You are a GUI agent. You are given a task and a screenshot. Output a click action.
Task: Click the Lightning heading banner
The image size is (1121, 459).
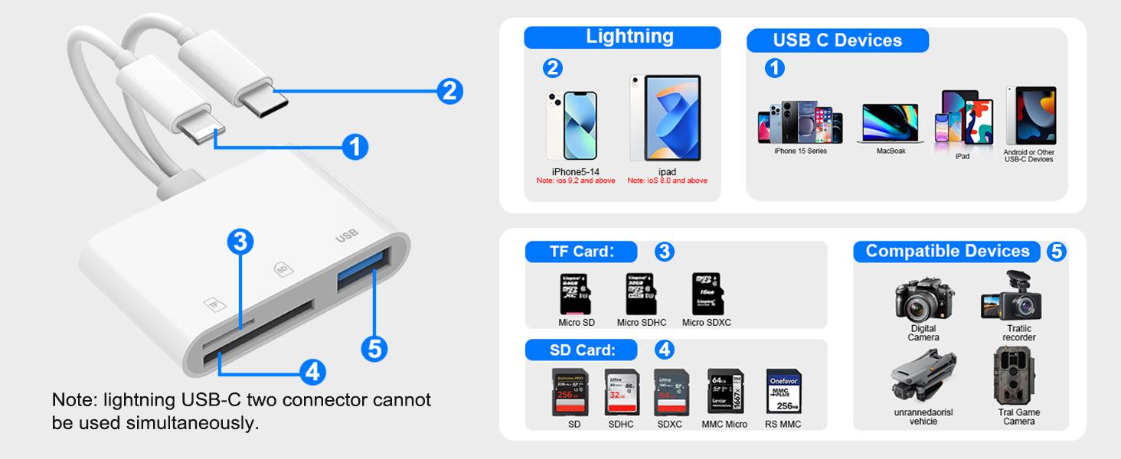pos(622,37)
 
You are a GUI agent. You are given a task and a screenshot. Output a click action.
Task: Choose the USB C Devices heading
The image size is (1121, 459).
pos(837,41)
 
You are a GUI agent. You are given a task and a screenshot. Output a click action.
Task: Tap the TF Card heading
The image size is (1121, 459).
pos(582,252)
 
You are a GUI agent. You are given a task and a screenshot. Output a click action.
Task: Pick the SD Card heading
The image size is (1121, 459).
pos(582,350)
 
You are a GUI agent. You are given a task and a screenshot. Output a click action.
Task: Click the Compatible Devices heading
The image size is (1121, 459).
pos(947,252)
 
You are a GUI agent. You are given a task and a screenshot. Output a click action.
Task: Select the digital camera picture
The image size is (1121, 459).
pos(923,300)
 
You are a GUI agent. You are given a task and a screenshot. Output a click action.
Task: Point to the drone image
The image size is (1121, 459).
pos(923,375)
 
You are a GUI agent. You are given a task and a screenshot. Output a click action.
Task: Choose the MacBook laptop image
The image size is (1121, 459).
pos(890,123)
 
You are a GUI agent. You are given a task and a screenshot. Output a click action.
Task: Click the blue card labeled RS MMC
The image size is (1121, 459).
pos(783,392)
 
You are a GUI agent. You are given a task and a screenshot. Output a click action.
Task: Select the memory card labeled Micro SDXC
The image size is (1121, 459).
pos(706,292)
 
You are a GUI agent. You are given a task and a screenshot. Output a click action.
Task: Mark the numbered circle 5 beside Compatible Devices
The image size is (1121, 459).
pos(1055,252)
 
